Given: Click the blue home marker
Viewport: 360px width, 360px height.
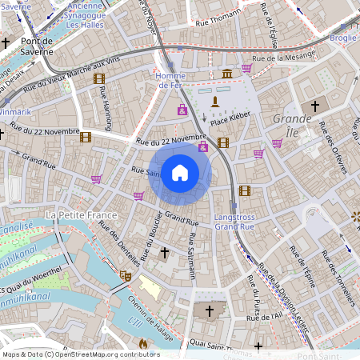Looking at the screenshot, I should click(180, 172).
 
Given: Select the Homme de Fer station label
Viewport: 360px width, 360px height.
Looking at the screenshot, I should click(170, 80).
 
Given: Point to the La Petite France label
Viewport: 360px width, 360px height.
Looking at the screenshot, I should click(82, 215).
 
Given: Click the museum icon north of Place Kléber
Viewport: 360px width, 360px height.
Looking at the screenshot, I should click(227, 74).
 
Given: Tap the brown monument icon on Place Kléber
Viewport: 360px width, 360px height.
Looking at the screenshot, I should click(214, 101).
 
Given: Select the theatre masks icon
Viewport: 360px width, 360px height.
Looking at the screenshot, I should click(126, 275).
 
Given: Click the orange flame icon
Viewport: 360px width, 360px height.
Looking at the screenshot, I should click(143, 343).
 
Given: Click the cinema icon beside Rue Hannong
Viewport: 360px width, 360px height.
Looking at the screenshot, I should click(99, 78).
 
